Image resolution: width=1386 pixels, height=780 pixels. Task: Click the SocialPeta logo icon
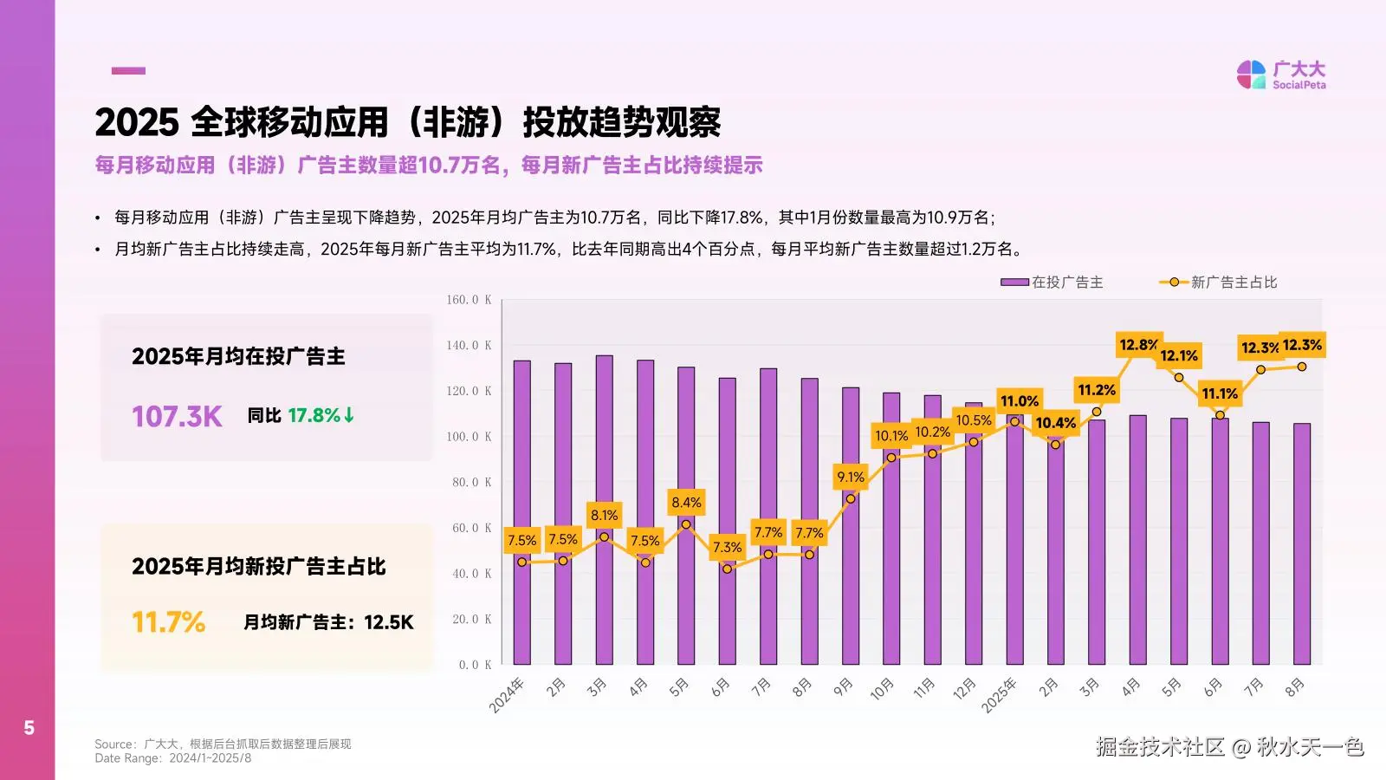tap(1251, 75)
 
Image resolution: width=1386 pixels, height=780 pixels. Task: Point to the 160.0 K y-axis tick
tap(469, 300)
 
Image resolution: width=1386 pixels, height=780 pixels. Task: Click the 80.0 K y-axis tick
tap(471, 483)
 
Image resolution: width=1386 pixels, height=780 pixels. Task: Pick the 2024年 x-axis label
tap(508, 695)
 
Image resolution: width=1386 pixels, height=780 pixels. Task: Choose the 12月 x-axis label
tap(964, 689)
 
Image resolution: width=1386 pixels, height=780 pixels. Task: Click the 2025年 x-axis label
tap(1000, 695)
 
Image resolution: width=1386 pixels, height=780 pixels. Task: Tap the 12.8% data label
tap(1138, 345)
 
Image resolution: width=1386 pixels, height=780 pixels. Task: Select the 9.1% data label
tap(851, 477)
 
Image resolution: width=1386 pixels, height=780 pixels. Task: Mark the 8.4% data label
tap(686, 503)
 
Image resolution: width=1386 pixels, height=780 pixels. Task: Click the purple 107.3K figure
tap(177, 417)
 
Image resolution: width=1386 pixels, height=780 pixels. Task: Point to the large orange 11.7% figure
tap(169, 622)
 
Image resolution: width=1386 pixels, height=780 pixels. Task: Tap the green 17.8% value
tap(314, 416)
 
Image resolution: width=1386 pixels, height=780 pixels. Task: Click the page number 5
tap(29, 728)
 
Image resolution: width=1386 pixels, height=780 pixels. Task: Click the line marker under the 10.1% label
tap(891, 458)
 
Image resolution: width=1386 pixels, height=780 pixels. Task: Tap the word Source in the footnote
tap(114, 744)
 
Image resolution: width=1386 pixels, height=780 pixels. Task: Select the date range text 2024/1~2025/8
tap(210, 758)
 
